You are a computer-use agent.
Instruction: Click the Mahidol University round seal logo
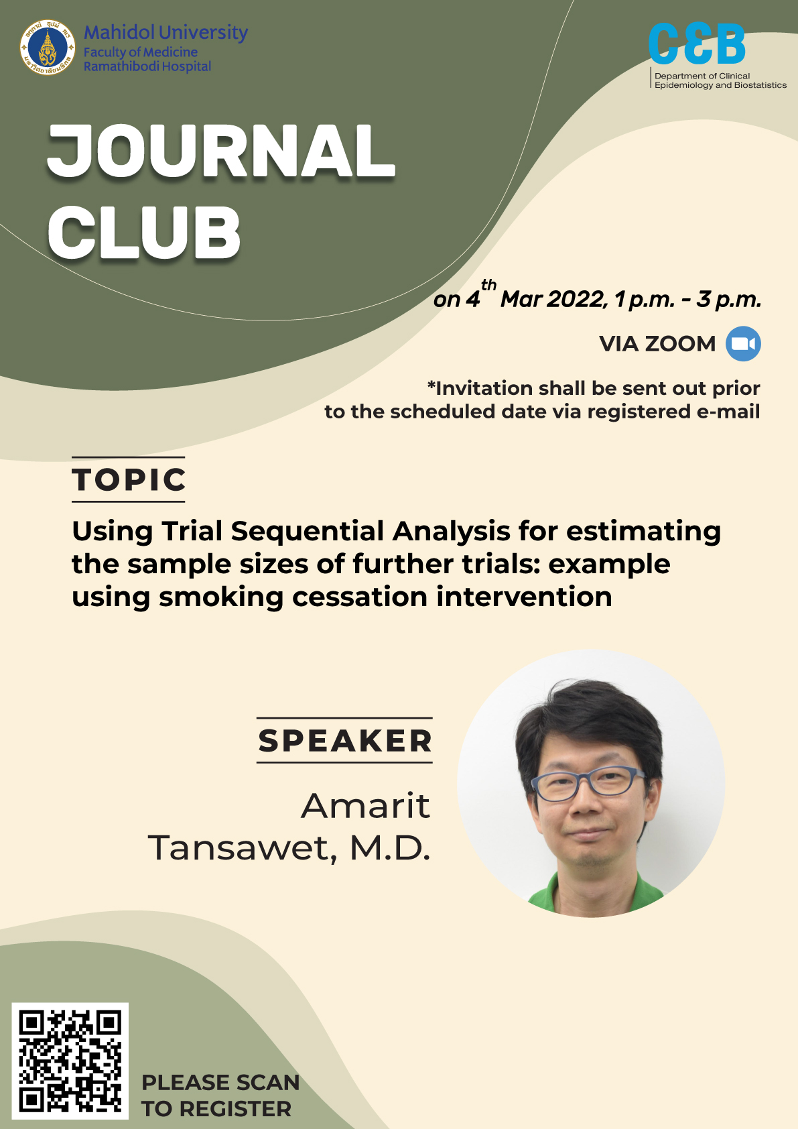(x=48, y=48)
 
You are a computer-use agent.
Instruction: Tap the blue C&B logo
(x=697, y=44)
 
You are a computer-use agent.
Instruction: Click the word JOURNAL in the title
(x=221, y=152)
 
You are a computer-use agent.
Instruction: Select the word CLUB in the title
(x=144, y=233)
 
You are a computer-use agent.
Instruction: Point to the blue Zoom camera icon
(x=743, y=344)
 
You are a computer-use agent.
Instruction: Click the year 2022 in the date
(x=575, y=300)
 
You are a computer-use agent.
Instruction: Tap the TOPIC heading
(x=129, y=479)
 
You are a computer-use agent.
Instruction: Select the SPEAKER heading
(x=345, y=740)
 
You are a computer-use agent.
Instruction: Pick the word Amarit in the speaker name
(x=366, y=805)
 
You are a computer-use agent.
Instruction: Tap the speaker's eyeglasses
(x=588, y=785)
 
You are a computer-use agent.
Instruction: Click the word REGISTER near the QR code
(x=235, y=1109)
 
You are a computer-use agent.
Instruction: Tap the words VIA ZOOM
(x=657, y=344)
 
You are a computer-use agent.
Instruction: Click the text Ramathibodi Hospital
(x=147, y=66)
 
